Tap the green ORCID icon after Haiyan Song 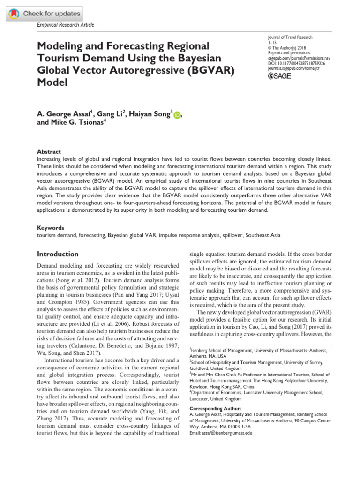tap(177, 114)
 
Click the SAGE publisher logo tap(279, 76)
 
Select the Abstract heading tap(49, 152)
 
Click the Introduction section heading tap(58, 254)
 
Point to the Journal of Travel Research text tap(290, 37)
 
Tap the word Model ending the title tap(52, 83)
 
